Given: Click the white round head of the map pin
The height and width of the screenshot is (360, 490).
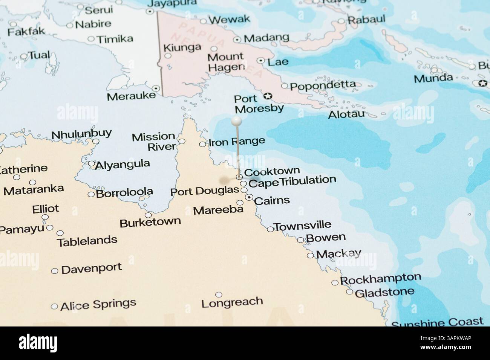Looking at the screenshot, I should click(x=236, y=121).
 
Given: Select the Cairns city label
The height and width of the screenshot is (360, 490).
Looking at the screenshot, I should click(x=272, y=200).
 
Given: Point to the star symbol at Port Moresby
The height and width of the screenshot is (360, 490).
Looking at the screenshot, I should click(x=268, y=96).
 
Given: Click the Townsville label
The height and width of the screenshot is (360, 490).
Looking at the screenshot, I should click(x=302, y=226).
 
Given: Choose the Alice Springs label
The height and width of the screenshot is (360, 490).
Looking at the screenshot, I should click(x=98, y=304).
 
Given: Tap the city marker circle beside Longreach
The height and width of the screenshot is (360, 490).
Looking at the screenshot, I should click(x=219, y=294).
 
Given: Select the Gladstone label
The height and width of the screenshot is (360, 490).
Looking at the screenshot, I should click(x=384, y=292).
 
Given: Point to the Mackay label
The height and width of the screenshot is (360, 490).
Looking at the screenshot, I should click(x=338, y=254).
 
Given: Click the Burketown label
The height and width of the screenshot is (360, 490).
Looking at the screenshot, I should click(x=150, y=222).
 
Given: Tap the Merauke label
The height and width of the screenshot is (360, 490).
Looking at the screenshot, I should click(x=131, y=96).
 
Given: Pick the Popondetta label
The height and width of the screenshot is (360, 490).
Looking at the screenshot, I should click(x=323, y=85).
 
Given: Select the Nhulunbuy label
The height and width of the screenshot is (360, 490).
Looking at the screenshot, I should click(x=81, y=134).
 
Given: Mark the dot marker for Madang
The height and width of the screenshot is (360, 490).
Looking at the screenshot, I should click(x=237, y=39).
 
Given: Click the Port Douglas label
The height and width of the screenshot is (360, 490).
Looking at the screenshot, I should click(x=205, y=191).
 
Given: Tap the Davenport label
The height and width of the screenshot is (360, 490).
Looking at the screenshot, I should click(x=91, y=269).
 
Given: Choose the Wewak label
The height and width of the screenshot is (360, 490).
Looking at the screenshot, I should click(x=229, y=20).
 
